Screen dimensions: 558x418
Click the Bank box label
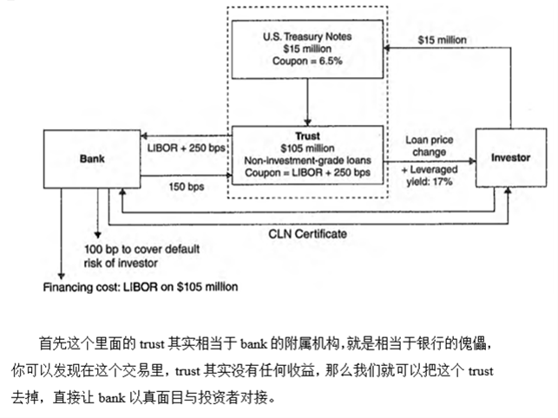[92, 159]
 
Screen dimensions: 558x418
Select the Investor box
[511, 158]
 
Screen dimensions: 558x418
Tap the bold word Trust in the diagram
[307, 136]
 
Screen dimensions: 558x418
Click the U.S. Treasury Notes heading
[307, 36]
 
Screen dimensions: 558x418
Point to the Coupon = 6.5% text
[307, 61]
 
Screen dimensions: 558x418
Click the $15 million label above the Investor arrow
[442, 40]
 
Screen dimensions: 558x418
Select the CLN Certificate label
[307, 234]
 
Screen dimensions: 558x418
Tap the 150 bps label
[186, 186]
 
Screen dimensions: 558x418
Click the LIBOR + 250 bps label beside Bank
[186, 148]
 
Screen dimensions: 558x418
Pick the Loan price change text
[430, 146]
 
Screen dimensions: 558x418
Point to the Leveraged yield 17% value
[430, 175]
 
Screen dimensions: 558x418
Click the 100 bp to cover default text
[141, 249]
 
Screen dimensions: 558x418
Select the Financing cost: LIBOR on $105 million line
[141, 287]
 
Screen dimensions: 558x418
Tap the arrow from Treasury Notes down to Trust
[307, 102]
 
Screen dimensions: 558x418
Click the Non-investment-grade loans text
[307, 160]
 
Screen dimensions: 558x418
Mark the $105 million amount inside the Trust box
[307, 148]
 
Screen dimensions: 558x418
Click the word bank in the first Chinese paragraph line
[253, 344]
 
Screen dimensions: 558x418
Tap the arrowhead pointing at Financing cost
[62, 277]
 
